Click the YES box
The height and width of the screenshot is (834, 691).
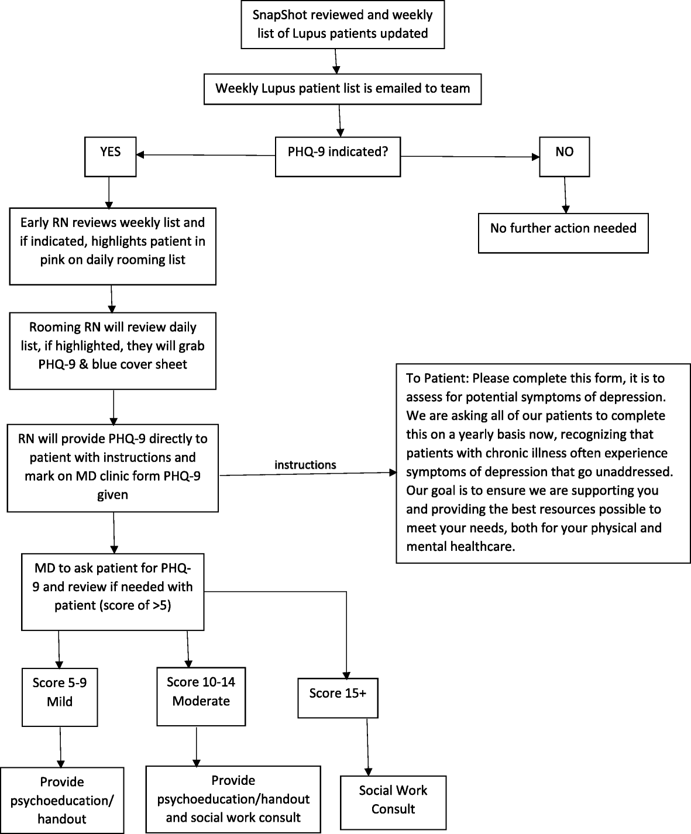(x=110, y=156)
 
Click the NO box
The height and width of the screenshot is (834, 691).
(x=564, y=156)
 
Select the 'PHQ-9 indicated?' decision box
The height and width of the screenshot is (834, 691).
(x=338, y=156)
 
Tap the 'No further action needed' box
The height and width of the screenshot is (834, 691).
(x=563, y=232)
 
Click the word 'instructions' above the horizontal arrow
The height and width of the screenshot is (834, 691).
(x=305, y=465)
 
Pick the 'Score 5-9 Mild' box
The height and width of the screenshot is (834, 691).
(x=60, y=697)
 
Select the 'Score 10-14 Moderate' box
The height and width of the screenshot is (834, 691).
(x=201, y=696)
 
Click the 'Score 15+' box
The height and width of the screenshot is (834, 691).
(x=338, y=697)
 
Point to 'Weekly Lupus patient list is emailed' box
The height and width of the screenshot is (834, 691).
(x=342, y=89)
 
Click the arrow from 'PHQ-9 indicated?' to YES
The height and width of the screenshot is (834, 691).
(x=205, y=155)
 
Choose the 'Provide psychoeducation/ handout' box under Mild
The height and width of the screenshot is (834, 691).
(x=62, y=800)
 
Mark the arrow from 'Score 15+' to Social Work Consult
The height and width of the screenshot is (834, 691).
(x=367, y=746)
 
